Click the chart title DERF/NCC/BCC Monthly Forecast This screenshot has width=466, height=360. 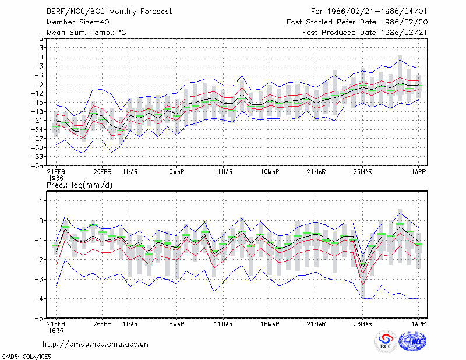pos(109,12)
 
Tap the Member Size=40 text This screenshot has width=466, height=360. pos(78,22)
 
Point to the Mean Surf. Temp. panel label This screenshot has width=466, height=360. pos(86,33)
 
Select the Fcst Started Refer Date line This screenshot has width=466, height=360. pos(357,22)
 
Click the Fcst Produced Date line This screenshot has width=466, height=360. pos(365,33)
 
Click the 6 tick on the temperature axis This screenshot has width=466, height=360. pos(41,38)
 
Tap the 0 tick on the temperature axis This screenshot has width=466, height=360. pos(41,57)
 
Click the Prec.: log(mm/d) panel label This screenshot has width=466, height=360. pos(79,185)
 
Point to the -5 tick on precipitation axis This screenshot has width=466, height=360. pos(39,319)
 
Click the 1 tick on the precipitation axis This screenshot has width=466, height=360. pos(41,201)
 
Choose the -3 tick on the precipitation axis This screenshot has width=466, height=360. pos(39,279)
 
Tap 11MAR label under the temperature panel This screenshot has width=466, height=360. pos(224,172)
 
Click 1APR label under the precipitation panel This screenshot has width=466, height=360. pos(419,324)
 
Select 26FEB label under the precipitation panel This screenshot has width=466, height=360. pos(103,324)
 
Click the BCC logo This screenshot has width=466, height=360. pos(386,341)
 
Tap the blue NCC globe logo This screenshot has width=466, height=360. pos(412,341)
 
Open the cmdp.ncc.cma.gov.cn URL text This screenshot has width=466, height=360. pos(96,344)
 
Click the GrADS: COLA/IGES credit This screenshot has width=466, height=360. pos(27,357)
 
